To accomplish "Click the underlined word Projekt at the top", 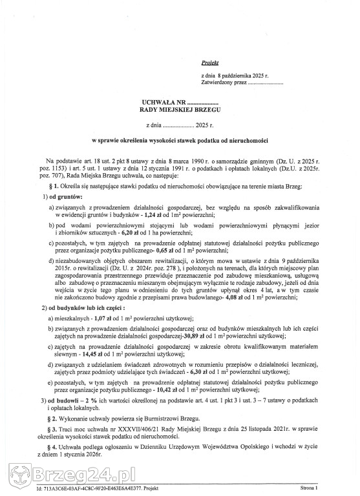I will [x=210, y=63].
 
